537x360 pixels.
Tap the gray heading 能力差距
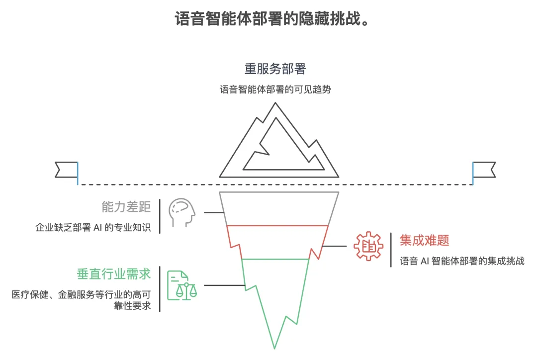click(x=126, y=206)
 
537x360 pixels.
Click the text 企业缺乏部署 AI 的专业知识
click(x=92, y=228)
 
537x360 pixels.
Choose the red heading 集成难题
click(x=424, y=241)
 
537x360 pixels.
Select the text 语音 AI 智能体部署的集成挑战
click(x=462, y=261)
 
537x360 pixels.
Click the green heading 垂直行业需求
click(x=113, y=274)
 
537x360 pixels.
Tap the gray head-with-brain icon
click(x=180, y=213)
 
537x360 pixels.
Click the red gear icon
click(x=368, y=246)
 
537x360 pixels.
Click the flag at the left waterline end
click(x=67, y=170)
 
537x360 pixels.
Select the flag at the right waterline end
click(x=484, y=170)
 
